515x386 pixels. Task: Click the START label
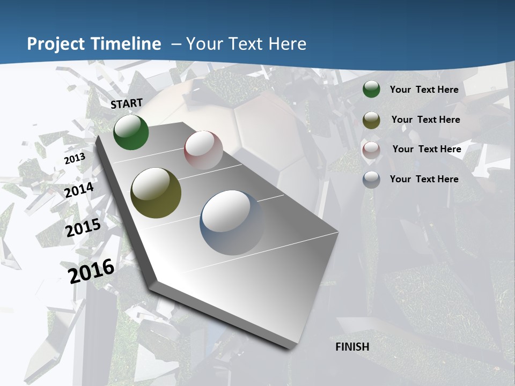point(127,103)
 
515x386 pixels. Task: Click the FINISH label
point(352,347)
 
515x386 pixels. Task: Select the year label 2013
point(75,159)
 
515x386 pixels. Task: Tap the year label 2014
point(79,190)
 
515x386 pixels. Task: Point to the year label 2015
point(83,228)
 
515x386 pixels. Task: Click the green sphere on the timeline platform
point(131,132)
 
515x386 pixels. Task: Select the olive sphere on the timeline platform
point(156,193)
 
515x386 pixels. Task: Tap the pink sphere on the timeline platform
point(203,150)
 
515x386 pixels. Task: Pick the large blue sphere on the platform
point(232,222)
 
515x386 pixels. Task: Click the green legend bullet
point(371,90)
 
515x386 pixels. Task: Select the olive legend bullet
point(371,120)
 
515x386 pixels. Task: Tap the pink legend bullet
point(371,150)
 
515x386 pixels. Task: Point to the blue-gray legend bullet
point(371,180)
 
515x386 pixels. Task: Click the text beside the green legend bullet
point(424,90)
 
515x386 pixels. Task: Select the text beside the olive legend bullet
point(425,120)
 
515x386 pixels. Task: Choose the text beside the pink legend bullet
point(426,149)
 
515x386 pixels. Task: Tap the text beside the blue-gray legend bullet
point(424,179)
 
